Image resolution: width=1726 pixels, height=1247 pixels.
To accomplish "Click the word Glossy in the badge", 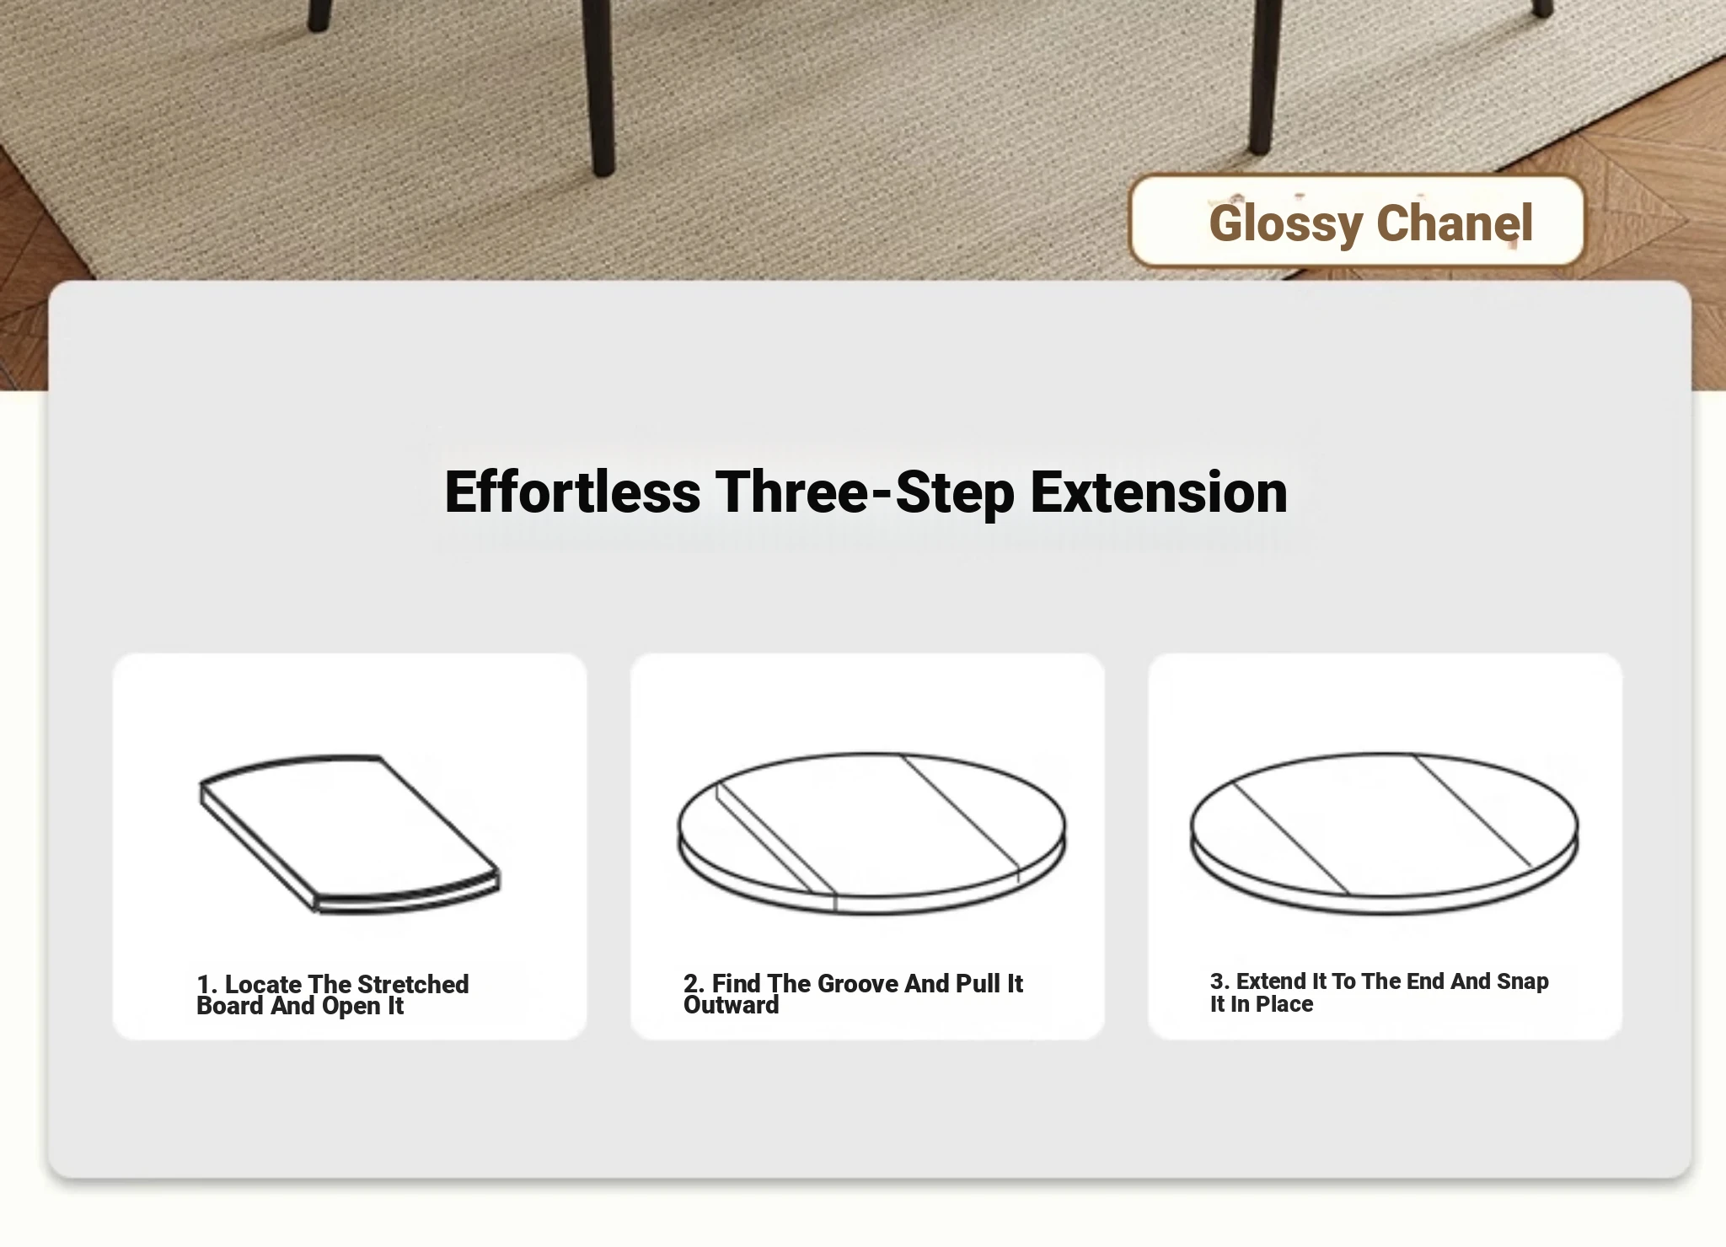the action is click(x=1286, y=224).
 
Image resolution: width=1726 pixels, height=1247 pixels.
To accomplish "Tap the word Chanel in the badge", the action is click(x=1455, y=223).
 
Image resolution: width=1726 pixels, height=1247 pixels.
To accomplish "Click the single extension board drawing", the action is click(x=350, y=833).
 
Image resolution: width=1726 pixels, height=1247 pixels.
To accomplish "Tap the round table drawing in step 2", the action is click(x=871, y=833).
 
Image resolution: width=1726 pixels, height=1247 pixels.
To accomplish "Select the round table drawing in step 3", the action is click(x=1384, y=833).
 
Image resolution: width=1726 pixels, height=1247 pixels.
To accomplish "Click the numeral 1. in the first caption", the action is click(x=207, y=985).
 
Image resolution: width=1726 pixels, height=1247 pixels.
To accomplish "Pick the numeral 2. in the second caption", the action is click(x=694, y=984).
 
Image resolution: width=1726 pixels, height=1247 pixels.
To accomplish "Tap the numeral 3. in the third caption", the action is click(x=1220, y=981).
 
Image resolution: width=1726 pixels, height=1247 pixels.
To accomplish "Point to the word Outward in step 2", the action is click(x=732, y=1005).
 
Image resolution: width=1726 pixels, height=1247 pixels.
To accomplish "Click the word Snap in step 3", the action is click(x=1523, y=982).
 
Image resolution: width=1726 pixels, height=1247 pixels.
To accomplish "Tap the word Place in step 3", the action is click(x=1284, y=1004).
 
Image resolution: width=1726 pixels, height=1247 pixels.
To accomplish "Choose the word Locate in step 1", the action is click(x=263, y=985).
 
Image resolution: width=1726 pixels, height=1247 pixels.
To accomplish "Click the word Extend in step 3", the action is click(x=1271, y=981).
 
